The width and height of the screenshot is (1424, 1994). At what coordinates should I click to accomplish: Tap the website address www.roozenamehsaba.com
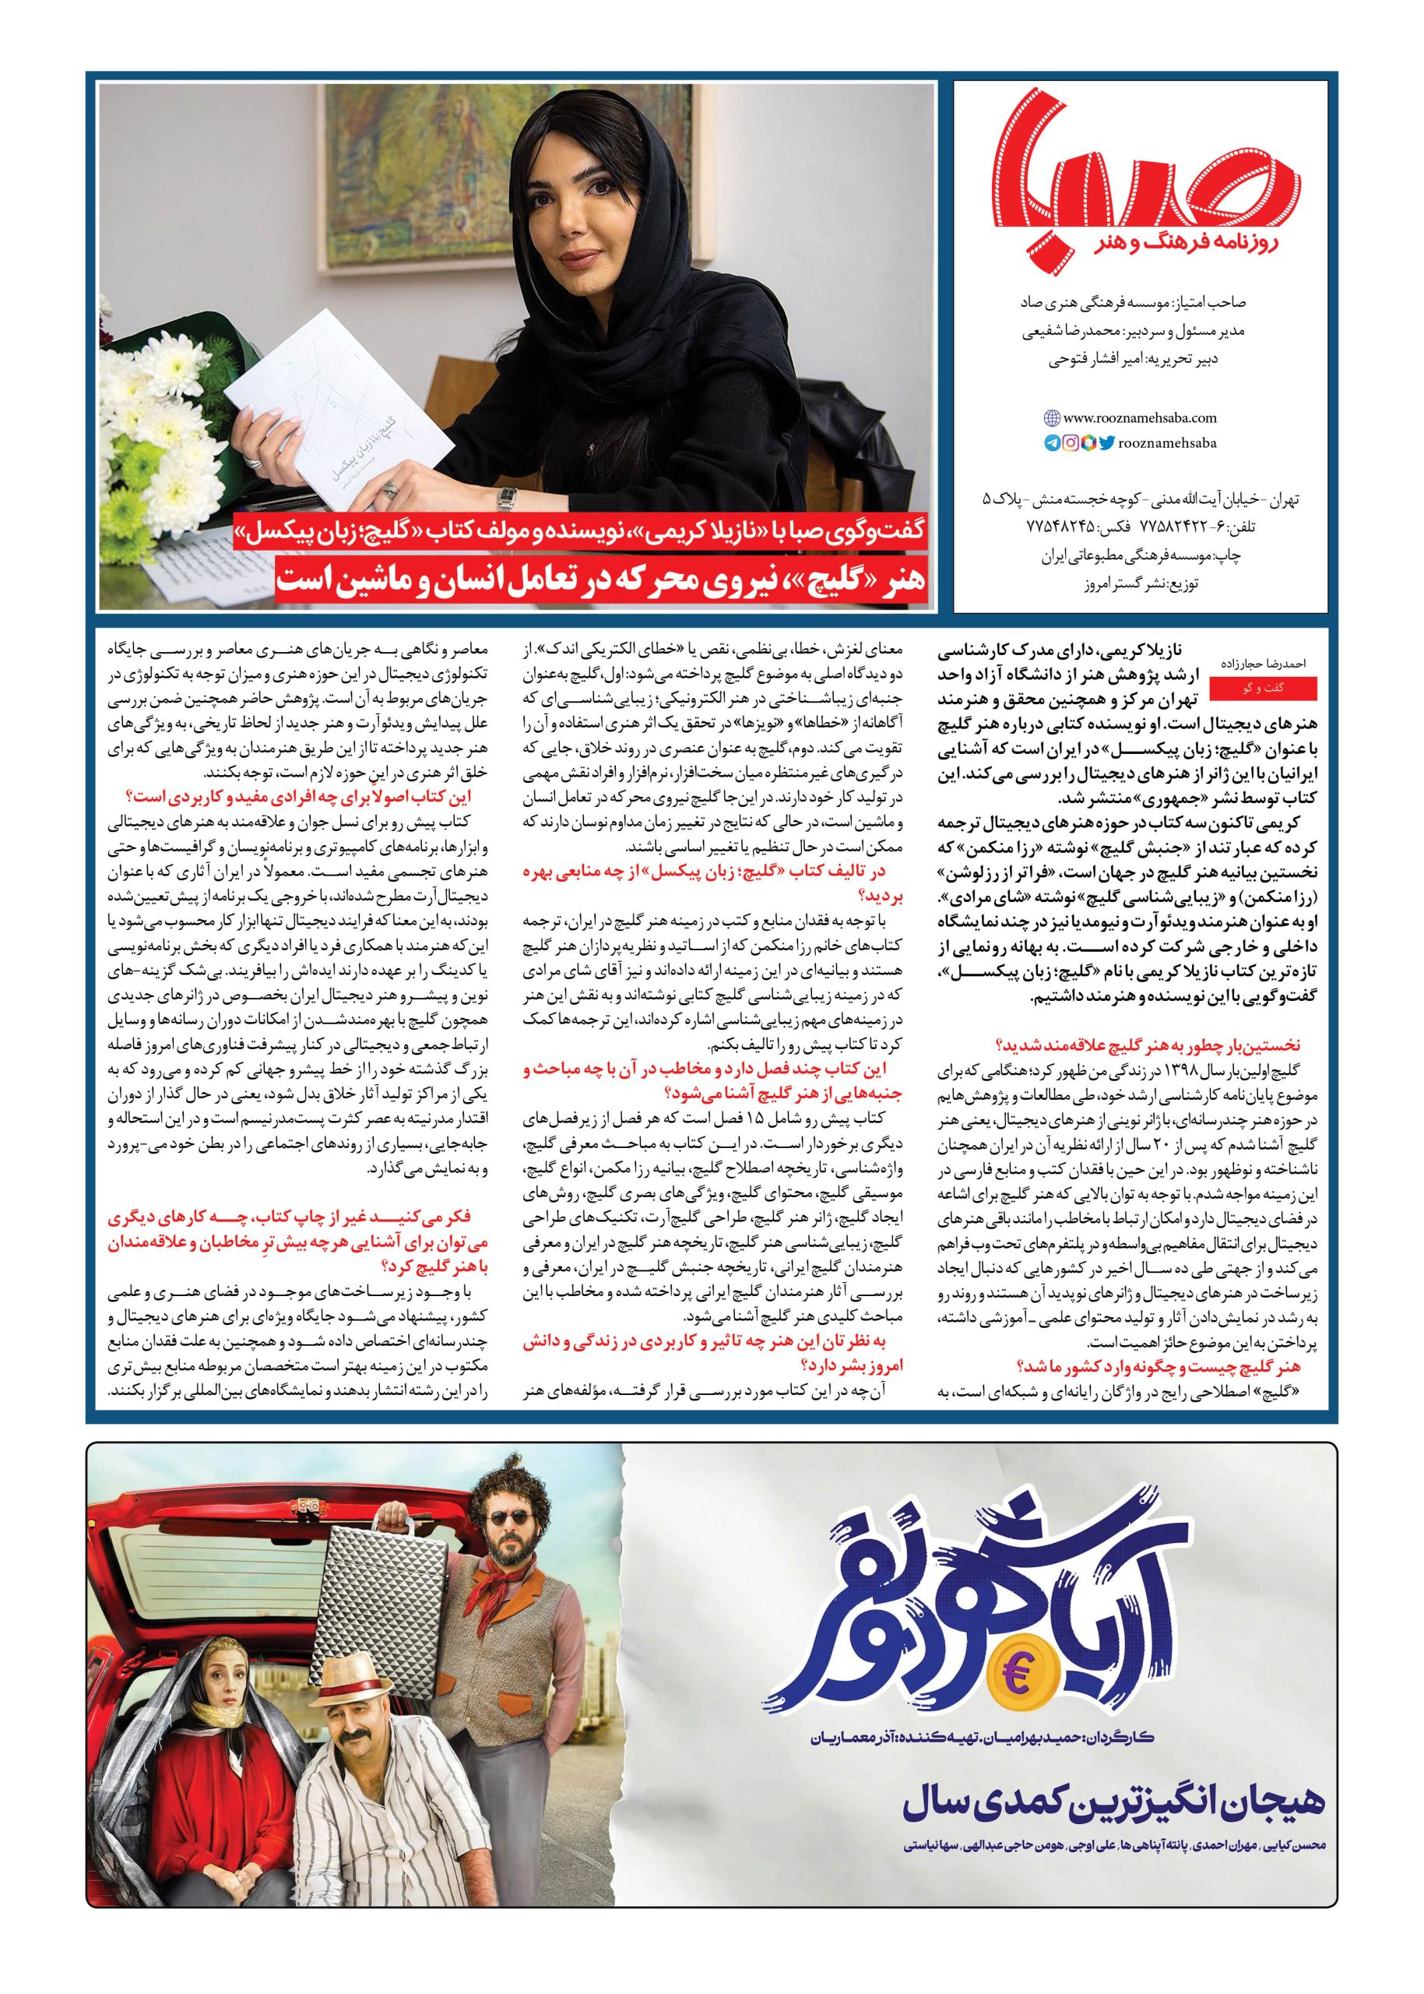click(1130, 419)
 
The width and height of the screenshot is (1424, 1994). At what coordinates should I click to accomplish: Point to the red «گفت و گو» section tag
click(1263, 689)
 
